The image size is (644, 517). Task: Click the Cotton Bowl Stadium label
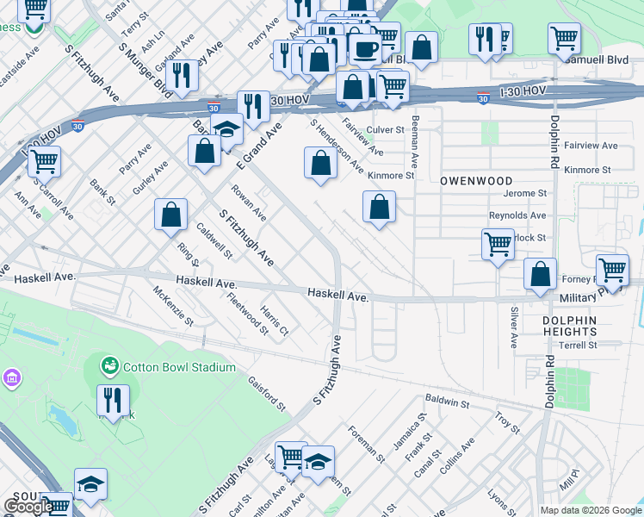click(178, 367)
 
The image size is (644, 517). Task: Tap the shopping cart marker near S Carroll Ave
click(44, 160)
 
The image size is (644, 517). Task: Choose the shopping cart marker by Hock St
click(498, 246)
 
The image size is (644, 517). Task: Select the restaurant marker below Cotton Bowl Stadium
click(113, 400)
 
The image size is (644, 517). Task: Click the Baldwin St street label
click(447, 402)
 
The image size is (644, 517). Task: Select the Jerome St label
click(525, 194)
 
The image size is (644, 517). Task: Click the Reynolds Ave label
click(517, 215)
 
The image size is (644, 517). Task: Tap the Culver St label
click(385, 129)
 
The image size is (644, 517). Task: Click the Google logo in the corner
click(28, 507)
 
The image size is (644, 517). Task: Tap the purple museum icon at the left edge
click(11, 378)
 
